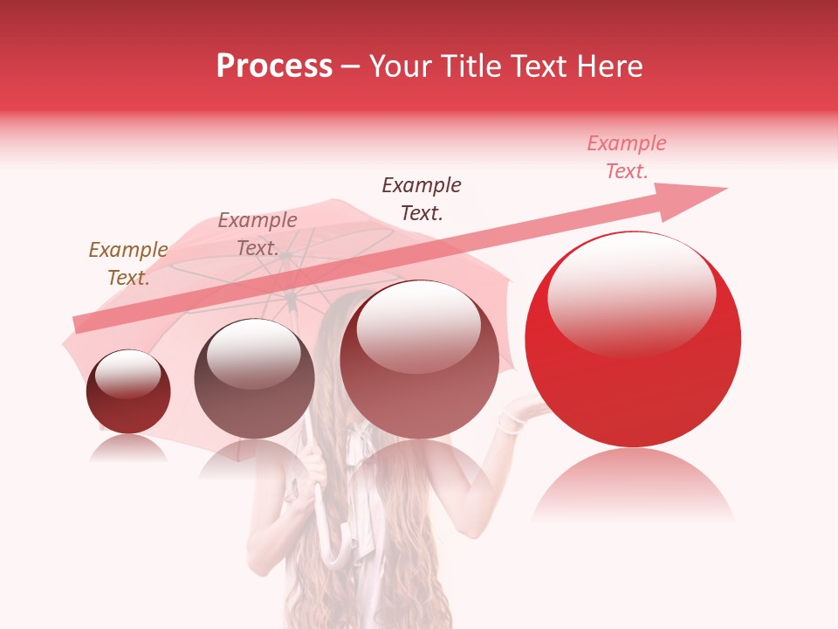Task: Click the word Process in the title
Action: click(274, 66)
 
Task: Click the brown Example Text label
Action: click(127, 264)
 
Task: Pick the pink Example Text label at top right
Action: click(626, 157)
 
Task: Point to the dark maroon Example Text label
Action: click(421, 198)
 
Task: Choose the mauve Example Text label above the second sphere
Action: click(257, 234)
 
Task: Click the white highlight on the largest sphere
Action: click(631, 293)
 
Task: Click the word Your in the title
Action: click(399, 66)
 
